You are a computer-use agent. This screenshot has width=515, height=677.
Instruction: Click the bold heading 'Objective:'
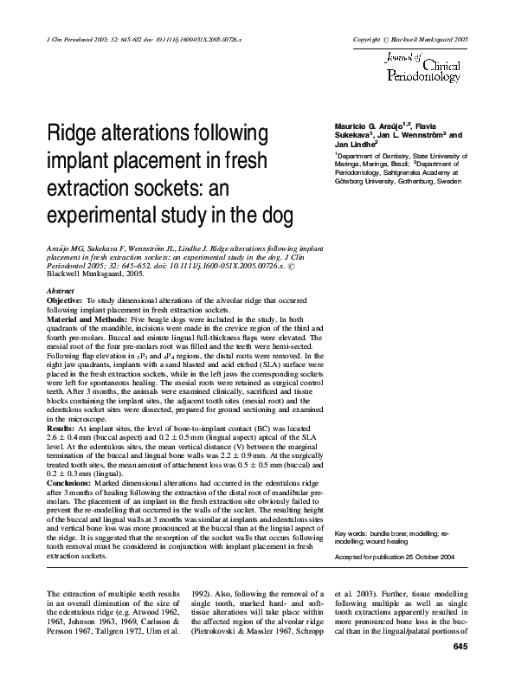tap(65, 299)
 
